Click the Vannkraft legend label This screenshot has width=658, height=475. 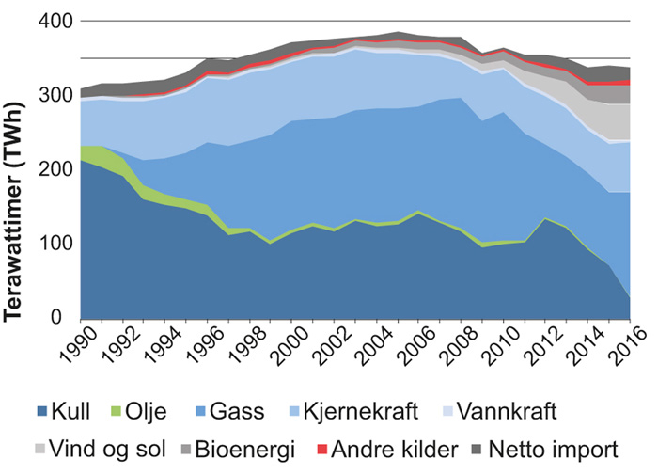(511, 411)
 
